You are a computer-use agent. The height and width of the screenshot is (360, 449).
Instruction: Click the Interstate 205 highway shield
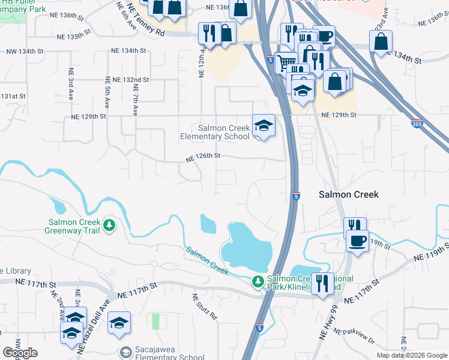coord(417,124)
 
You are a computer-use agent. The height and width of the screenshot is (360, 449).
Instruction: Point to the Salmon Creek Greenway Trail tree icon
coord(109,225)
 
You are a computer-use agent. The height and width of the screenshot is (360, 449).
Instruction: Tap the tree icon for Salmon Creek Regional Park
coord(258,281)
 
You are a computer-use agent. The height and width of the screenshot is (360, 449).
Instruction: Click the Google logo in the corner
coord(20,353)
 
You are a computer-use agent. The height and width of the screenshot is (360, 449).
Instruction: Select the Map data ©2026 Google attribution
coord(412,355)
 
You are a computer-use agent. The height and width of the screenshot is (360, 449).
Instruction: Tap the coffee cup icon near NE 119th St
coord(358,241)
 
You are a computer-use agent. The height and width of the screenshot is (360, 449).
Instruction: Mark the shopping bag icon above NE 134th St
coord(381,42)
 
